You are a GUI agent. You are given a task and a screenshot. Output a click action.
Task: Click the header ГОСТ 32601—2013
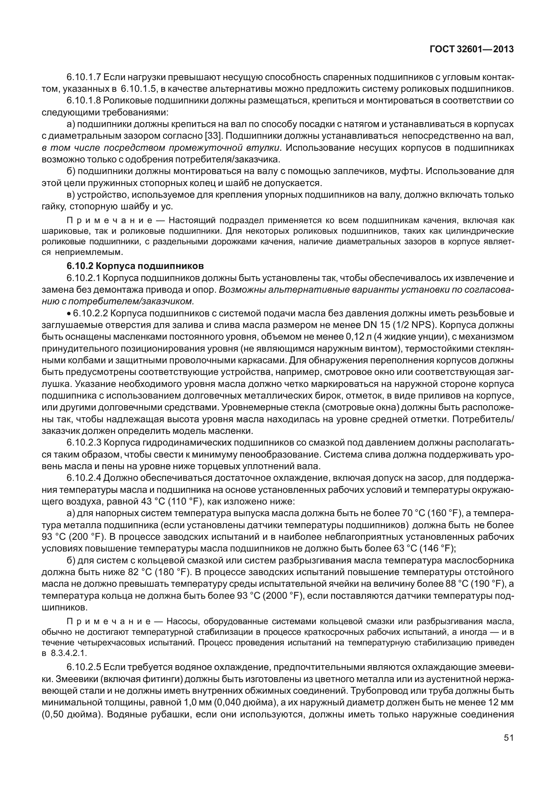(471, 49)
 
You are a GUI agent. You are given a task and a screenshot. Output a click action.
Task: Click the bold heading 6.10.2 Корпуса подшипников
(136, 265)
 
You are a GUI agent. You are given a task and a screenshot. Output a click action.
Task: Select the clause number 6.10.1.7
(84, 77)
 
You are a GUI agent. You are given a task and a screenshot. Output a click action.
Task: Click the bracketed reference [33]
(213, 136)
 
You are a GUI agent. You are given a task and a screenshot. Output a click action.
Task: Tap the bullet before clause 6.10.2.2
(69, 314)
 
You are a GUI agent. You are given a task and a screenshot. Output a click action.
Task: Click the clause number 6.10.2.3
(84, 442)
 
